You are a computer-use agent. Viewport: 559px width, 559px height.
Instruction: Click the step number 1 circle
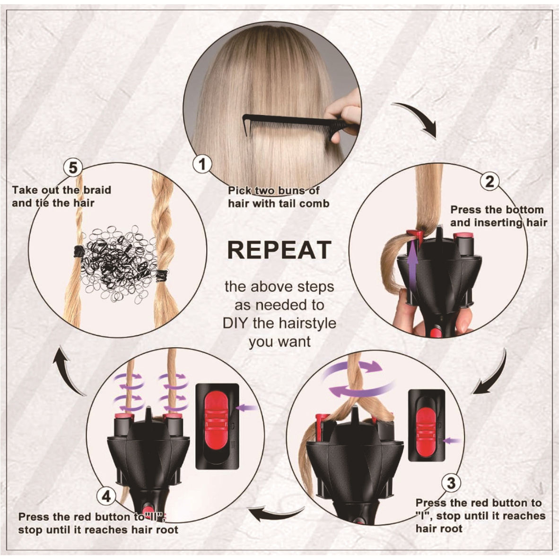point(203,165)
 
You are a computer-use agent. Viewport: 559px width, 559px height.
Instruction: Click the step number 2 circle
point(489,181)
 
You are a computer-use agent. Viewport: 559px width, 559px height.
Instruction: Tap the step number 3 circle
point(451,483)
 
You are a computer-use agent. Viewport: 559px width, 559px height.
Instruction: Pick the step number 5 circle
point(72,167)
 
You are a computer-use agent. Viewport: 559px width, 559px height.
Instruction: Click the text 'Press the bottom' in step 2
point(497,210)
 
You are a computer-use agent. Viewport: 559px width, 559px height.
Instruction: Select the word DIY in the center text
point(236,323)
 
